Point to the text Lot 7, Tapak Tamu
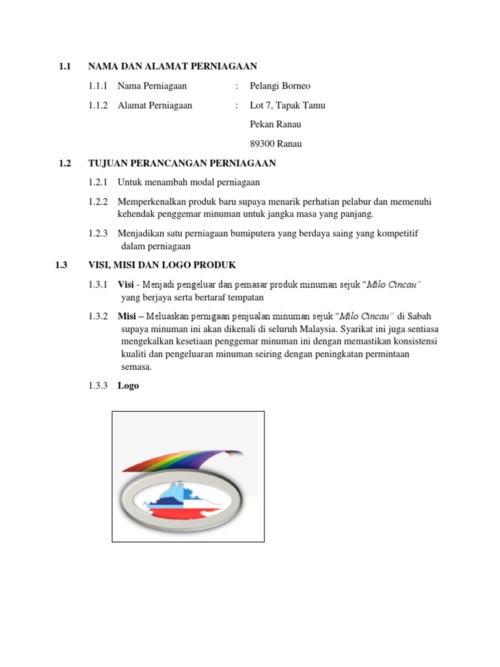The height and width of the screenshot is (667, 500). click(287, 106)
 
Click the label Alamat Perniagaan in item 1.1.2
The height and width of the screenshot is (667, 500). click(155, 106)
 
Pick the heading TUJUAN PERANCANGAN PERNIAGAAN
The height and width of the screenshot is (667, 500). click(182, 163)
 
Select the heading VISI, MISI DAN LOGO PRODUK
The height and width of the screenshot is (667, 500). click(162, 265)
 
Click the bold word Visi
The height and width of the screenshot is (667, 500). click(126, 285)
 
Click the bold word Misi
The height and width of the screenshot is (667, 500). click(127, 317)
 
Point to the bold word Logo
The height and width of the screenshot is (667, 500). click(128, 386)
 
